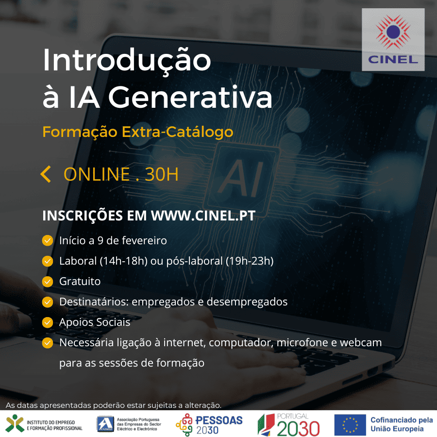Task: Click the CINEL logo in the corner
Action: [393, 39]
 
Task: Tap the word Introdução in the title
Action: [127, 60]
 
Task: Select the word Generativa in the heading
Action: [190, 97]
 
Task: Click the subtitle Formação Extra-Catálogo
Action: [138, 132]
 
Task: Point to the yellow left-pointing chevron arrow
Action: [46, 174]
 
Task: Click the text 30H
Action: [162, 174]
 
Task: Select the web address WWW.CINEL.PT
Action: [203, 216]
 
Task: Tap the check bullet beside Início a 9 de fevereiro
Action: [48, 240]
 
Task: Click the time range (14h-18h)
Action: [123, 261]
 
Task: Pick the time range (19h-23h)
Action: [250, 261]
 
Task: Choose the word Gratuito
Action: [80, 281]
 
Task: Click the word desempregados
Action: [247, 302]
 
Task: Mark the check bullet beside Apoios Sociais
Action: [48, 322]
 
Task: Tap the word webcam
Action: [360, 342]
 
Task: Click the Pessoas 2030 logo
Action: [209, 424]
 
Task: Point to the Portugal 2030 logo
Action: [288, 424]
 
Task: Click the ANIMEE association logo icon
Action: [105, 424]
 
